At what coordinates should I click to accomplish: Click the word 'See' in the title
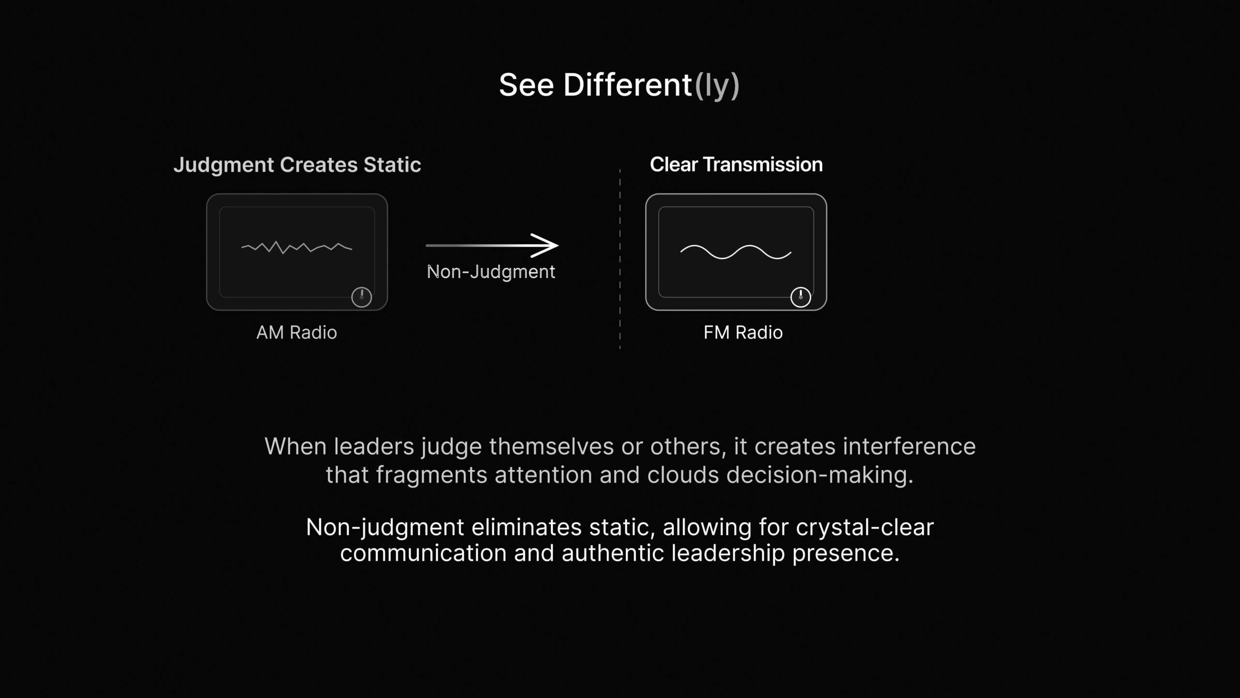click(x=527, y=85)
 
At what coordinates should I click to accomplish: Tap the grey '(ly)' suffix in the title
click(x=717, y=86)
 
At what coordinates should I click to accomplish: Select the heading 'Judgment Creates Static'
click(x=297, y=165)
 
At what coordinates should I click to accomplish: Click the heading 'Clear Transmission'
click(x=736, y=164)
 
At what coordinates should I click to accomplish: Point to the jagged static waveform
click(x=296, y=247)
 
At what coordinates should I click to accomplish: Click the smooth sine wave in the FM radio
click(x=736, y=252)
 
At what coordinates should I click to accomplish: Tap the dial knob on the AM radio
click(x=361, y=297)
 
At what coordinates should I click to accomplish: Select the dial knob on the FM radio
click(x=801, y=297)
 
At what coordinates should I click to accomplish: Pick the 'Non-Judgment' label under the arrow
click(x=491, y=272)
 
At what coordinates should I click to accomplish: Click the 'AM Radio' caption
click(x=296, y=333)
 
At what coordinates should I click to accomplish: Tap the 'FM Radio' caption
click(x=743, y=333)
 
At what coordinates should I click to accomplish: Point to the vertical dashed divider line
click(x=620, y=259)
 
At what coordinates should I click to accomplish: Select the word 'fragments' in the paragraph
click(x=432, y=476)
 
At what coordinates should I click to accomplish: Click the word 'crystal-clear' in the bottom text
click(x=865, y=527)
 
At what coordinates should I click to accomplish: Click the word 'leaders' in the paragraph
click(x=373, y=446)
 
